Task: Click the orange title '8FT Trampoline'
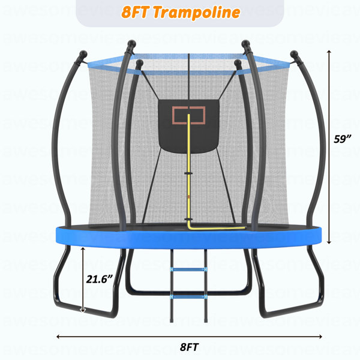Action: [181, 12]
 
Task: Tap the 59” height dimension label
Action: [343, 139]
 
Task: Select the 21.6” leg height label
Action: [100, 279]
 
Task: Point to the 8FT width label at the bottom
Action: [189, 347]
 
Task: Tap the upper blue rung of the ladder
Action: [189, 269]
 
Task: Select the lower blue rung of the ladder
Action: [189, 297]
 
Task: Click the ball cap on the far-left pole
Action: [83, 54]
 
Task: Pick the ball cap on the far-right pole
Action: [294, 55]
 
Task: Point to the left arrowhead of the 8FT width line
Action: [58, 337]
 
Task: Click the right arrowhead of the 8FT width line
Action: [320, 337]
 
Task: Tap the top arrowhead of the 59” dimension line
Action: [329, 52]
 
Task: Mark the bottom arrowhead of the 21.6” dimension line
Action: [83, 310]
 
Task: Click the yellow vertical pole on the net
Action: [189, 170]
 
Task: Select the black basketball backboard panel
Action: [189, 127]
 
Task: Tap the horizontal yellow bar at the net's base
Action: [217, 228]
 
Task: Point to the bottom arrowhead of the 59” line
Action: [329, 242]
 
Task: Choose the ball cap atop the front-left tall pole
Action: [132, 44]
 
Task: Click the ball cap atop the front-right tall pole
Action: [245, 44]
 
